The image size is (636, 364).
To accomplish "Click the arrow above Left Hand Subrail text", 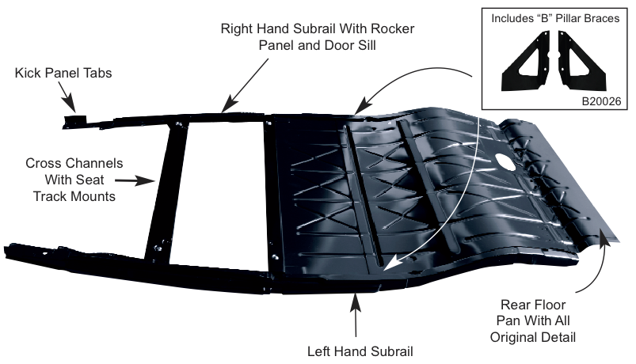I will coord(356,313).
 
